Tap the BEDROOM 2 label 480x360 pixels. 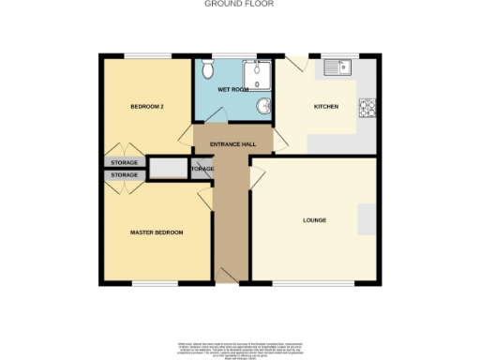(147, 107)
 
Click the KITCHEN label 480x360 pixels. (325, 107)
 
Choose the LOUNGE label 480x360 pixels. (314, 220)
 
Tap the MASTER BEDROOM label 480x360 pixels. (156, 232)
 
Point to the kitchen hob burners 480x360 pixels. (366, 108)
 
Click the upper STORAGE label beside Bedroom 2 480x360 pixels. (124, 163)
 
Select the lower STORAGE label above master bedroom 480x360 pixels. (124, 174)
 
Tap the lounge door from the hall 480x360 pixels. (256, 178)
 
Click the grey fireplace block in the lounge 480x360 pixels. (367, 219)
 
